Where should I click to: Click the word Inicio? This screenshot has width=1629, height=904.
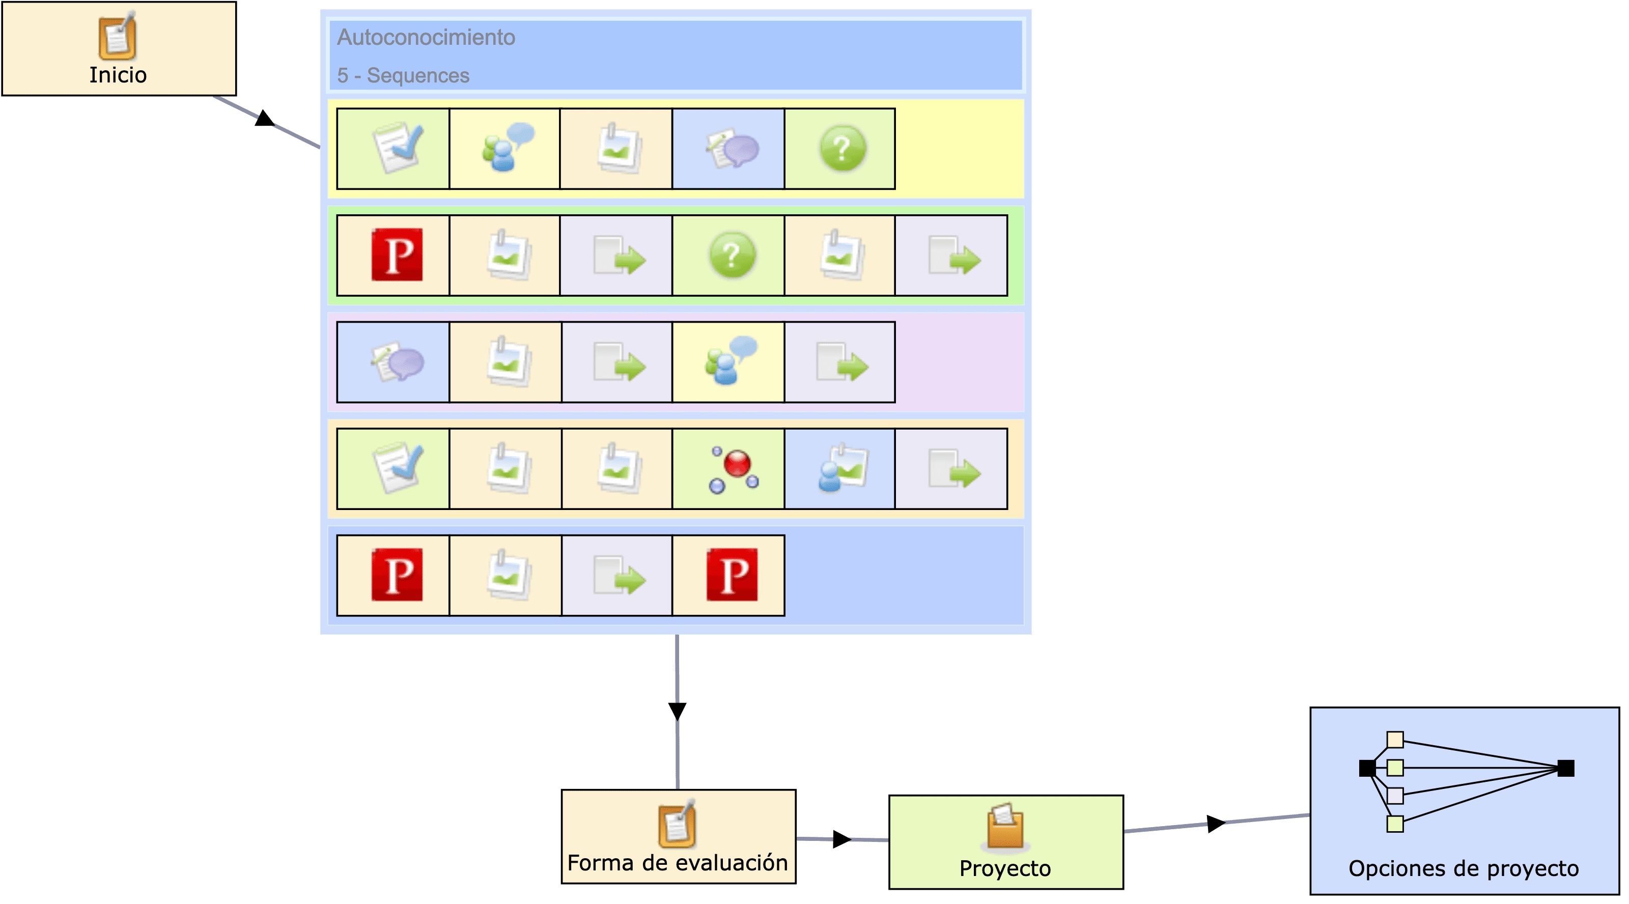click(x=118, y=75)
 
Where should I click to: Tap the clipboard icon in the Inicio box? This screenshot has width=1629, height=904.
click(x=118, y=36)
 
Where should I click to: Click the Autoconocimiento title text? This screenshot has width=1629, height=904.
click(x=426, y=37)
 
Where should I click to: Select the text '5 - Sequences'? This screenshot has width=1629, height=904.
click(x=403, y=75)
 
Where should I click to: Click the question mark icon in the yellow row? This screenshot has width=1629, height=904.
click(x=841, y=149)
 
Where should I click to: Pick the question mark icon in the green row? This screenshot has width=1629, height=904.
click(x=732, y=256)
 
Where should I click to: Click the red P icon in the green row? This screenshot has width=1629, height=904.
click(x=397, y=255)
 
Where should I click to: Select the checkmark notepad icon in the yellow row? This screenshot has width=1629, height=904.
click(x=397, y=149)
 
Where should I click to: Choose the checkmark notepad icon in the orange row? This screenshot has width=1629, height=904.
click(x=397, y=468)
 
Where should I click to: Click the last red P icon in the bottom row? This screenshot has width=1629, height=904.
click(x=731, y=575)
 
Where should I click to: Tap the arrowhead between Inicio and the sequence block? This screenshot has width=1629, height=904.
click(x=264, y=119)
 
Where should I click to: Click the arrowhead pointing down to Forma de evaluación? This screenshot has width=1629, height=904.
click(x=677, y=711)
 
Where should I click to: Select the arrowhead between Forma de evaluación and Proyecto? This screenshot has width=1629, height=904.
click(x=841, y=839)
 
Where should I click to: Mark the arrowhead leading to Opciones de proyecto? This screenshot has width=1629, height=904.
click(x=1216, y=823)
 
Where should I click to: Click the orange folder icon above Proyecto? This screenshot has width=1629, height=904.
click(x=1005, y=826)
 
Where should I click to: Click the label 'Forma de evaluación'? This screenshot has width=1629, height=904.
click(x=677, y=863)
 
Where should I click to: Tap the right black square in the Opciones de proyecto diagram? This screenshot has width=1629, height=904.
click(x=1565, y=768)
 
